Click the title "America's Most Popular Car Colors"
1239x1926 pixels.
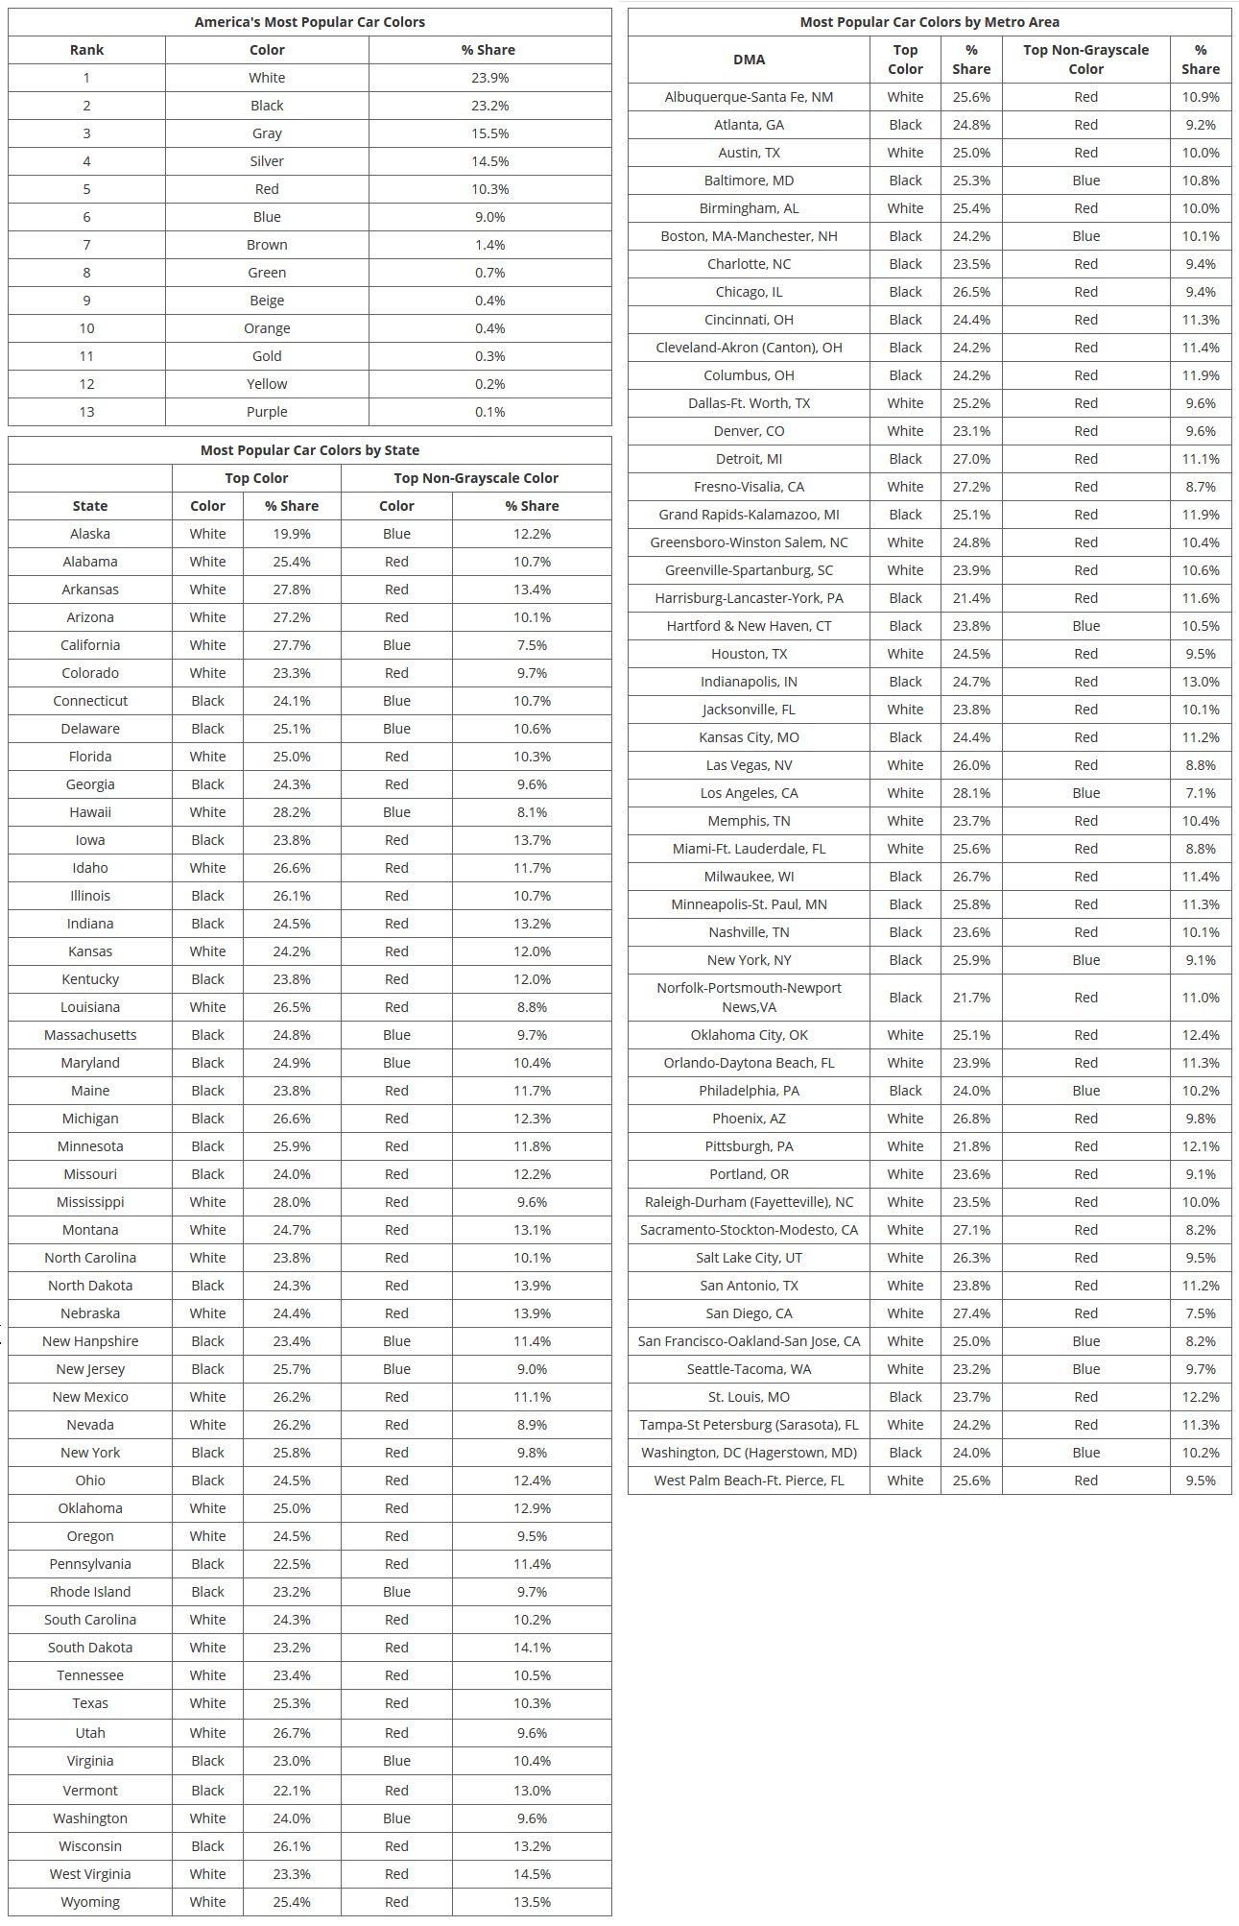pyautogui.click(x=309, y=22)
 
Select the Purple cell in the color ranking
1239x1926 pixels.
pyautogui.click(x=267, y=412)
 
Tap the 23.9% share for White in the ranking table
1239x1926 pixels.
pyautogui.click(x=489, y=78)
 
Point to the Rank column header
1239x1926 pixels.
pyautogui.click(x=86, y=50)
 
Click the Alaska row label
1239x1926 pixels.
pyautogui.click(x=90, y=534)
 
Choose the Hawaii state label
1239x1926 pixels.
pyautogui.click(x=90, y=812)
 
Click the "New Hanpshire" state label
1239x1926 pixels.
pyautogui.click(x=90, y=1341)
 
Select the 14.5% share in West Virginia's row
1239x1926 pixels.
pyautogui.click(x=532, y=1874)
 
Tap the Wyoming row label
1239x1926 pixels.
pyautogui.click(x=90, y=1902)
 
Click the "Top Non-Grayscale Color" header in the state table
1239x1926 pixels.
pyautogui.click(x=475, y=478)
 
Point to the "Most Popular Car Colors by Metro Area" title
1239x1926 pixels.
pyautogui.click(x=929, y=22)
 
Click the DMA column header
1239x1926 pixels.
pyautogui.click(x=749, y=60)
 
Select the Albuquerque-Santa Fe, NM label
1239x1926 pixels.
pyautogui.click(x=749, y=97)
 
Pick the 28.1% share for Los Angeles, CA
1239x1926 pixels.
pyautogui.click(x=971, y=793)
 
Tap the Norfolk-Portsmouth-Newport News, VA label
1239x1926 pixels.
pyautogui.click(x=749, y=998)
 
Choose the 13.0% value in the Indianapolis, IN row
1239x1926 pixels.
pyautogui.click(x=1200, y=682)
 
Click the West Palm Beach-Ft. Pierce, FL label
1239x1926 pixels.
pyautogui.click(x=749, y=1481)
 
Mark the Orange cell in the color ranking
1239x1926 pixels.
pyautogui.click(x=267, y=328)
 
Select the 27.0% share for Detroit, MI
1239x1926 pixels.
pyautogui.click(x=971, y=459)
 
